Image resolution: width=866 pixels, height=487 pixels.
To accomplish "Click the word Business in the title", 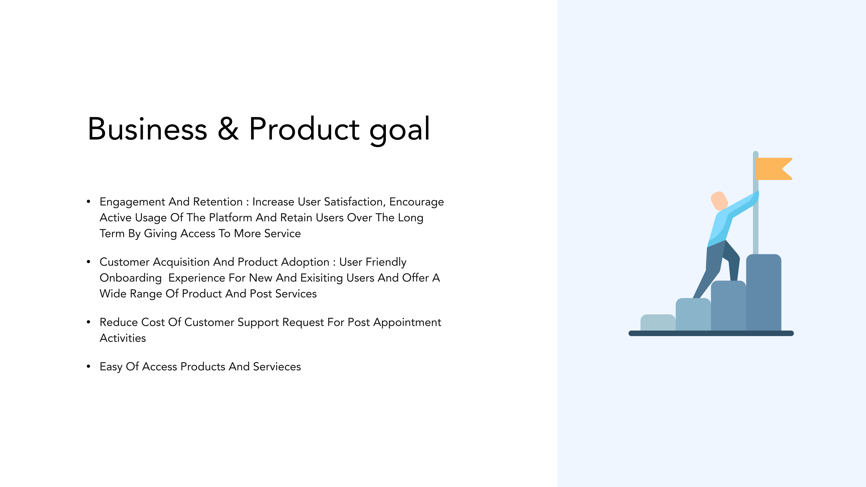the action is [148, 129].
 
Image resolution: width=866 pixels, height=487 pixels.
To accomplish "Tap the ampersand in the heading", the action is [228, 129].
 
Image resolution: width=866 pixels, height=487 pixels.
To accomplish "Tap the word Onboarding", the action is [131, 278].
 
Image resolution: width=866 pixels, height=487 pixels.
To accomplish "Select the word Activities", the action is [123, 338].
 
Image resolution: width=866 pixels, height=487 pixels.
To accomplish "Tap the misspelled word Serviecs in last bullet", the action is [277, 367].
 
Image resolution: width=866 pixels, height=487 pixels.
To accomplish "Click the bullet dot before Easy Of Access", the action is [88, 367].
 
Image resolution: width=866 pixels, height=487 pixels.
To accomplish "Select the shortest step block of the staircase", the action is [658, 323].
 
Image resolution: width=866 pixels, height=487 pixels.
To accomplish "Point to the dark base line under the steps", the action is [711, 333].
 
